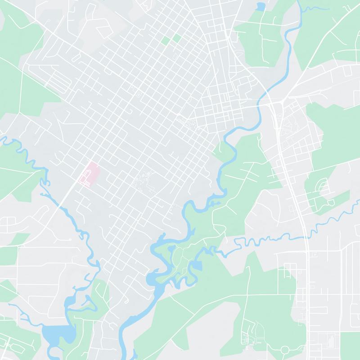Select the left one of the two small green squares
click(x=166, y=40)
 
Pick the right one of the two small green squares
click(x=176, y=38)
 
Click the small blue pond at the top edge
click(x=260, y=7)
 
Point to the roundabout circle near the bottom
click(x=284, y=349)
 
